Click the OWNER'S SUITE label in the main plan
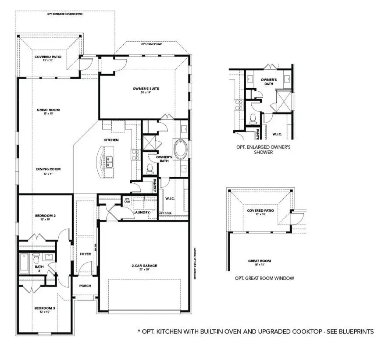pos(146,89)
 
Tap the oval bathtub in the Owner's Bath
pos(180,149)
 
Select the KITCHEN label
pos(111,140)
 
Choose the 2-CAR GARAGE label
pos(144,265)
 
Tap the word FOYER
pos(85,254)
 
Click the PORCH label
pos(85,285)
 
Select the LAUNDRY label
pos(142,212)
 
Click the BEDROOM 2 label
pos(45,216)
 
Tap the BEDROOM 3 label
pos(45,308)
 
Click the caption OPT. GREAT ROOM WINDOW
pos(264,278)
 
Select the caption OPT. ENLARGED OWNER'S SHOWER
pos(263,150)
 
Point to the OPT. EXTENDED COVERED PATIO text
pos(65,14)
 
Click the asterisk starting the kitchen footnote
pos(139,332)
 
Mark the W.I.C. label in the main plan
pos(171,198)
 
